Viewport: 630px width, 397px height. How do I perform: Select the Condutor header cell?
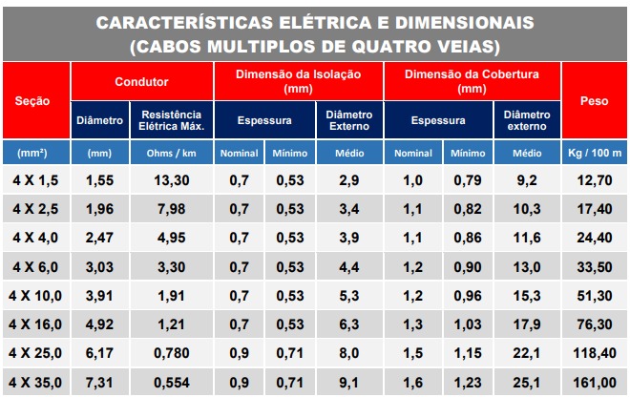pos(141,82)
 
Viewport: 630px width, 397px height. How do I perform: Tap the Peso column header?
pos(594,100)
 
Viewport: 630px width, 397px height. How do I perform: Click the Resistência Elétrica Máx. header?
pos(170,120)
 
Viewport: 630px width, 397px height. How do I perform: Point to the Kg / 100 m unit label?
pos(594,153)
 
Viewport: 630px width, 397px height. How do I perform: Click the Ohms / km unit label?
pos(170,153)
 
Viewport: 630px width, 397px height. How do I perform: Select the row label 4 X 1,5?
pos(36,179)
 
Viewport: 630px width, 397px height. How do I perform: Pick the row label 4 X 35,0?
pos(36,382)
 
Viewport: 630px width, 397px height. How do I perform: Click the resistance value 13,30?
pos(170,179)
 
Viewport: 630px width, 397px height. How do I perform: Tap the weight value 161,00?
pos(594,382)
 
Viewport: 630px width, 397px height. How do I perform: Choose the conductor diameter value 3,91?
pos(99,296)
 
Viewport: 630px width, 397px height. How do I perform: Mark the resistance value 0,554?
pos(170,382)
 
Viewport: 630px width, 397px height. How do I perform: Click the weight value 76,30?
pos(594,324)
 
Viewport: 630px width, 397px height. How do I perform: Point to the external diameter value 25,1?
pos(527,382)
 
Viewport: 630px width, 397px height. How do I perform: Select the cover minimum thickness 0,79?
pos(468,179)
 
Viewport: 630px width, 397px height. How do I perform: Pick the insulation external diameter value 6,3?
pos(349,324)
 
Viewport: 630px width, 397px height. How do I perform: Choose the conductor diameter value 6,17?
pos(99,353)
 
